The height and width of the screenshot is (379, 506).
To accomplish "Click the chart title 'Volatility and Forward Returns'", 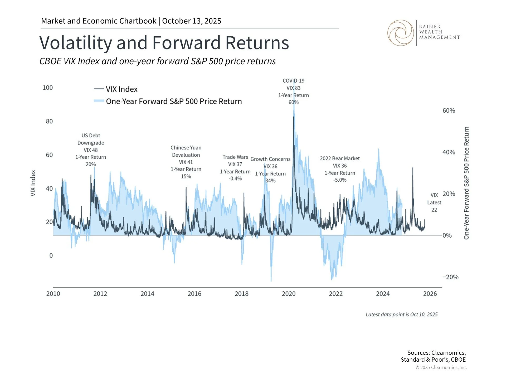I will pyautogui.click(x=164, y=43).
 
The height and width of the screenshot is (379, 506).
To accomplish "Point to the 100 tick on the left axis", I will pyautogui.click(x=48, y=88).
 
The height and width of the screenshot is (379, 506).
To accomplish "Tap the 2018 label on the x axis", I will pyautogui.click(x=241, y=294).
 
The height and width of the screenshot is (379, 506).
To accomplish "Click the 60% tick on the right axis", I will pyautogui.click(x=449, y=111).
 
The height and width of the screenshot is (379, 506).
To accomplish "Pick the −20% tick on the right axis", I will pyautogui.click(x=450, y=277).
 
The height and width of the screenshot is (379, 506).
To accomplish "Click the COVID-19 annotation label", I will pyautogui.click(x=293, y=81).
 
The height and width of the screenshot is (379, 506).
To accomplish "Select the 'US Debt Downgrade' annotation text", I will pyautogui.click(x=91, y=139).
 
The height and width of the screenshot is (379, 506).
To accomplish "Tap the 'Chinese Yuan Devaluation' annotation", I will pyautogui.click(x=186, y=151).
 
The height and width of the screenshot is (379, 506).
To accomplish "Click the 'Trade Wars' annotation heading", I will pyautogui.click(x=235, y=157).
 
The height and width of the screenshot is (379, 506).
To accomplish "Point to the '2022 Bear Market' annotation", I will pyautogui.click(x=340, y=158).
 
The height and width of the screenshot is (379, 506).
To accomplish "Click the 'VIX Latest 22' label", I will pyautogui.click(x=434, y=202).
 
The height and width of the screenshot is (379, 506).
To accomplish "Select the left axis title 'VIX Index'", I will pyautogui.click(x=33, y=183).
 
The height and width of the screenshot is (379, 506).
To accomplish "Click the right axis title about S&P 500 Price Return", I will pyautogui.click(x=466, y=183).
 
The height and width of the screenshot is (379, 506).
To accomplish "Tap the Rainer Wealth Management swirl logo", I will pyautogui.click(x=401, y=33).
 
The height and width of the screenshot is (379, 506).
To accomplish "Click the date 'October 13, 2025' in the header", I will pyautogui.click(x=192, y=21).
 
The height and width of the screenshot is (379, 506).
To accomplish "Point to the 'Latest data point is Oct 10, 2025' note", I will pyautogui.click(x=401, y=315).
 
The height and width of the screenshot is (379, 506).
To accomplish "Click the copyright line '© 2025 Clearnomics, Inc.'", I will pyautogui.click(x=441, y=367).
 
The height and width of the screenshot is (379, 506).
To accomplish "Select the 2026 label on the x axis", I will pyautogui.click(x=430, y=294).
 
